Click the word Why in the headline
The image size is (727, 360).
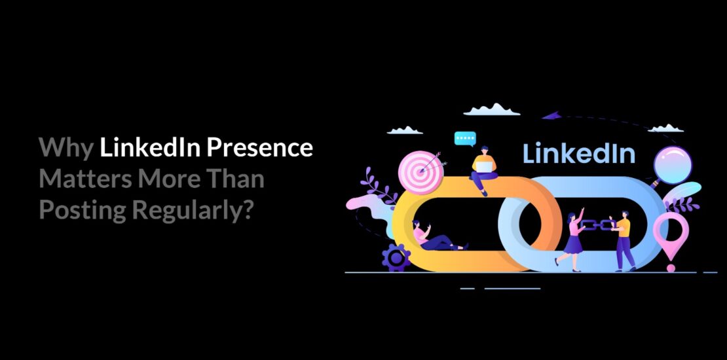click(65, 148)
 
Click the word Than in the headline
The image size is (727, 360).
click(234, 179)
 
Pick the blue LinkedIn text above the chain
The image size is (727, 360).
click(579, 153)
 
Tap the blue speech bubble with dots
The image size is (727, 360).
click(465, 139)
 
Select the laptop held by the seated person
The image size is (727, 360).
click(483, 166)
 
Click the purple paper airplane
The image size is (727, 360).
click(551, 117)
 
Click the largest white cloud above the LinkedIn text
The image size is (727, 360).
click(491, 109)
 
